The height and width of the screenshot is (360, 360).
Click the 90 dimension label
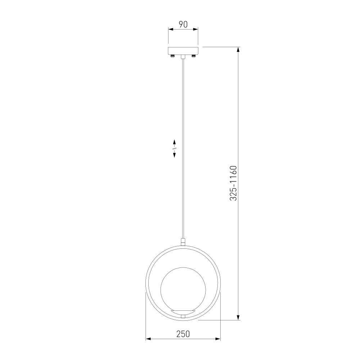[x=183, y=24]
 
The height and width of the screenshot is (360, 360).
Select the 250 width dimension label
[x=183, y=334]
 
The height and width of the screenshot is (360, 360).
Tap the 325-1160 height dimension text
[x=233, y=183]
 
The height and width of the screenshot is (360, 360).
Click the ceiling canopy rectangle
[x=183, y=51]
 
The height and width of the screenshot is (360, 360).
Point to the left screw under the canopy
[x=173, y=56]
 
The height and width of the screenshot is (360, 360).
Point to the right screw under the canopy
[x=194, y=56]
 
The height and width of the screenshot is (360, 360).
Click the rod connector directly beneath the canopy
[x=183, y=57]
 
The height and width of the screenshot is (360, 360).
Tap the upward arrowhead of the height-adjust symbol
[x=174, y=141]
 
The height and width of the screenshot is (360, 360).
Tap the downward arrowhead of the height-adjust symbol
[x=174, y=155]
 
